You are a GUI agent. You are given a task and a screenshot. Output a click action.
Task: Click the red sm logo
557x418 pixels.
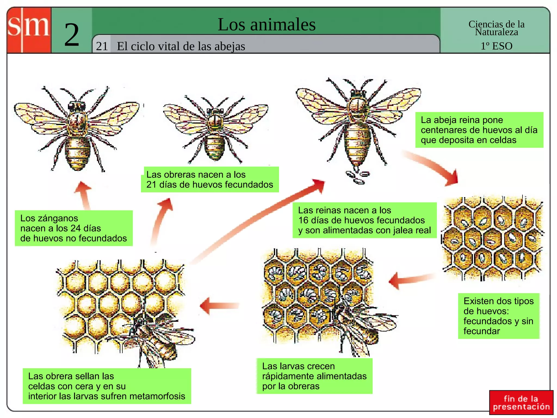(29, 30)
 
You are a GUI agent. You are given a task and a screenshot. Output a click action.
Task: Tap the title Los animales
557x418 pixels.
(267, 24)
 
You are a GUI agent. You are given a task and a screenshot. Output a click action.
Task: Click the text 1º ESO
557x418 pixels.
(496, 46)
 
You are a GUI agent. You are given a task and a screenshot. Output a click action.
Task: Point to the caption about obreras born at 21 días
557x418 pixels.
(210, 180)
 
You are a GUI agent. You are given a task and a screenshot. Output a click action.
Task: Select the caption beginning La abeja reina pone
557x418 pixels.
(479, 130)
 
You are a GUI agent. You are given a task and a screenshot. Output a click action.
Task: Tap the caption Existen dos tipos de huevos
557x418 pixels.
(499, 316)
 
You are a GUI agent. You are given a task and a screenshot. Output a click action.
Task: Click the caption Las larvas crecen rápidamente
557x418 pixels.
(314, 376)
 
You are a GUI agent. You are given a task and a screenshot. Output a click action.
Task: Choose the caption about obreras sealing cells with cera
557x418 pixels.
(107, 386)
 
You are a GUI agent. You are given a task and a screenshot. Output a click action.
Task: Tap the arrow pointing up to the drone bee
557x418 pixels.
(84, 195)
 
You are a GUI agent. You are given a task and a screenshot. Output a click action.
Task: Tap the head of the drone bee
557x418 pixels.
(77, 106)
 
